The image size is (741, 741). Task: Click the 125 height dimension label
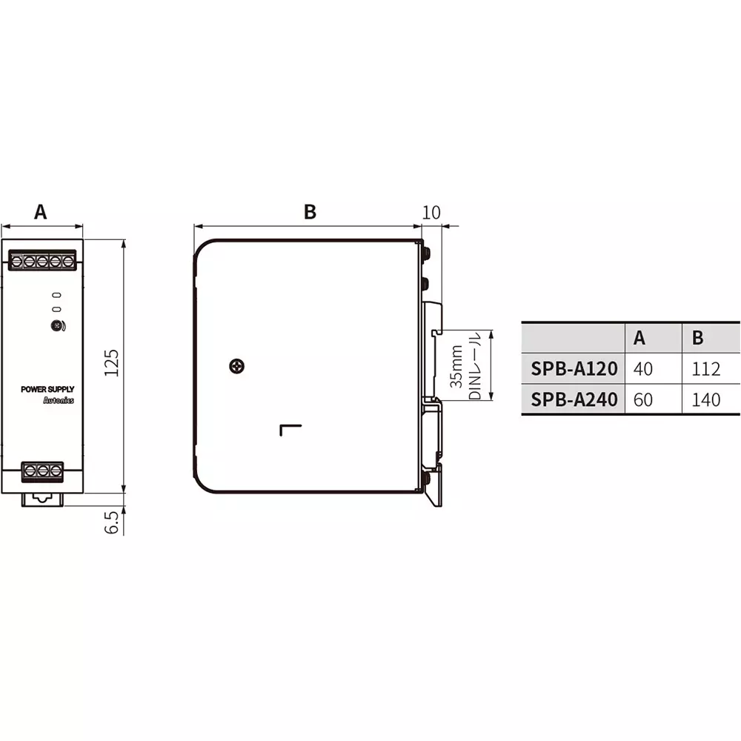(x=112, y=363)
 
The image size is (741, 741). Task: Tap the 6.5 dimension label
(x=112, y=522)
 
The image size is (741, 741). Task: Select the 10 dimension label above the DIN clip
(x=431, y=213)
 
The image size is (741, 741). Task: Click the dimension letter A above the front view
(x=41, y=212)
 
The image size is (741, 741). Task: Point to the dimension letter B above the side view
(x=310, y=212)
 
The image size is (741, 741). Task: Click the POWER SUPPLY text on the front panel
(x=47, y=390)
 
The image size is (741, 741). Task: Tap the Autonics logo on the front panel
(x=59, y=400)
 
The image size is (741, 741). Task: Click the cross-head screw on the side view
(x=237, y=366)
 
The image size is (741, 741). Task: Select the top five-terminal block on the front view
(x=42, y=260)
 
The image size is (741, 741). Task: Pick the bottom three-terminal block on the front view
(x=42, y=471)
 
